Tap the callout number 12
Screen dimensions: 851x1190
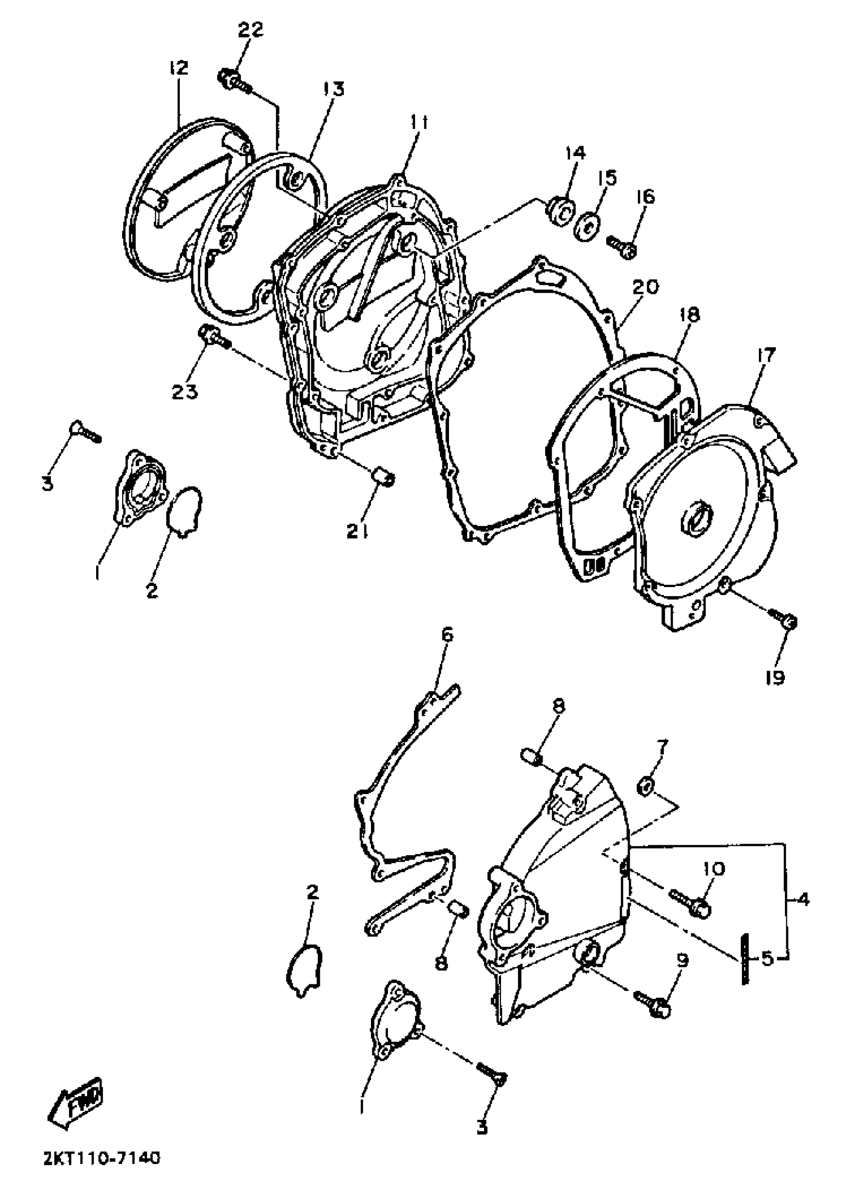pos(178,68)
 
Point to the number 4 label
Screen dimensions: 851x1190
pos(804,900)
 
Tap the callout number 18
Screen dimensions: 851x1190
pos(690,315)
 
